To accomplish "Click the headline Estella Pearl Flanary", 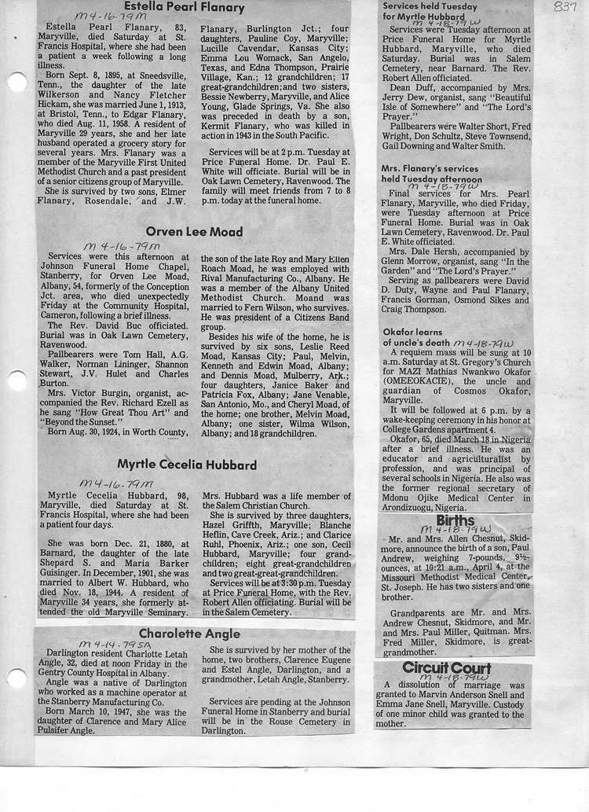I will pos(196,8).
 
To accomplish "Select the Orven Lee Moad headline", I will pos(194,232).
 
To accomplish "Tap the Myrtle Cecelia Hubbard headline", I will pos(187,465).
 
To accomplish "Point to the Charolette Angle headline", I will pos(190,634).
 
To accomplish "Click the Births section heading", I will pos(455,520).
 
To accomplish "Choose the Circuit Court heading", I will pos(447,667).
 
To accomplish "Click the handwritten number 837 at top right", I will pos(565,7).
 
